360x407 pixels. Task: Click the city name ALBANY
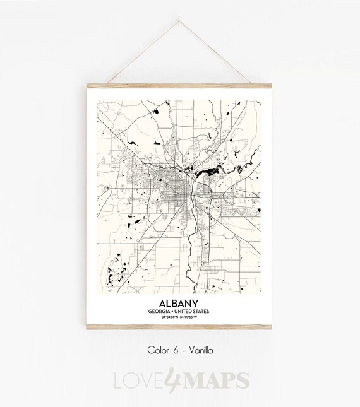(179, 302)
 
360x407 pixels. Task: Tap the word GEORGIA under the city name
(160, 312)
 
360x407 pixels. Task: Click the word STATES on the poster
(203, 312)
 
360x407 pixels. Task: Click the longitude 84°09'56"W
(192, 317)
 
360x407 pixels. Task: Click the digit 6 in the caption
(177, 349)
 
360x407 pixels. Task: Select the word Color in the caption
(159, 349)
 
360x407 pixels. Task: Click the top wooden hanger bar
(179, 85)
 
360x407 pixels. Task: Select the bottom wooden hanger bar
(179, 327)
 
